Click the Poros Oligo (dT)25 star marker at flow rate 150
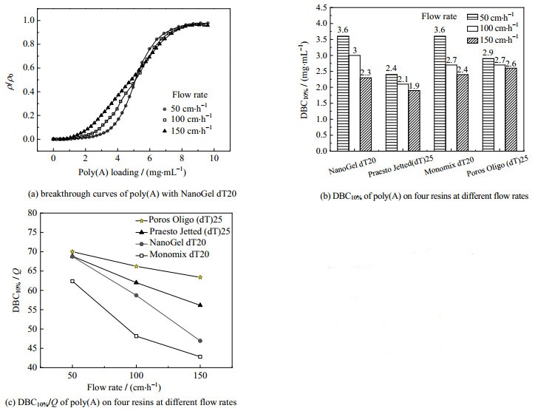(x=200, y=277)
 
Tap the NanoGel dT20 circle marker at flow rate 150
(x=200, y=341)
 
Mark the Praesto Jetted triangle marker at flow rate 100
(x=136, y=282)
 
